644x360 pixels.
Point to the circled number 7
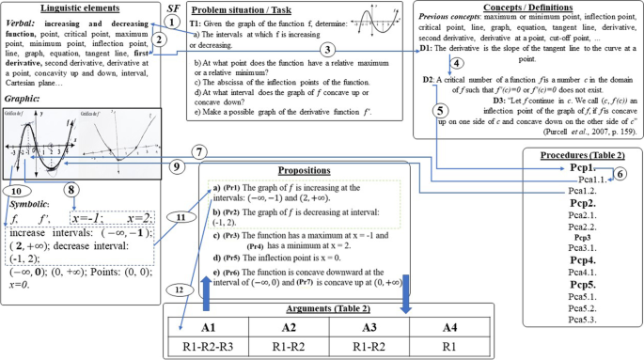click(199, 151)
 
